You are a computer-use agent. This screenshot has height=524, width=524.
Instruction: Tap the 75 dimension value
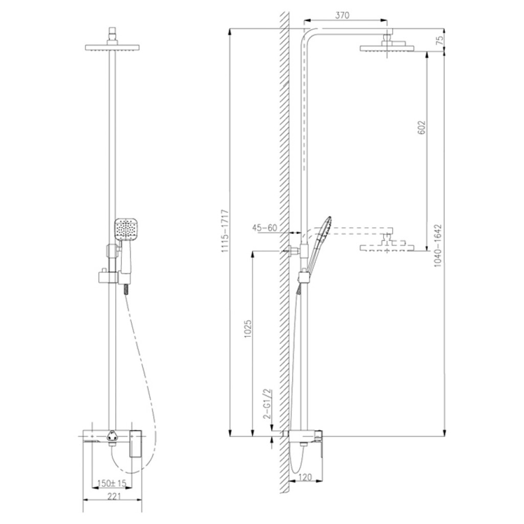tap(440, 40)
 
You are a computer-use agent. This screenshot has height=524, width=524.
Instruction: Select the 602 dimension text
tap(422, 127)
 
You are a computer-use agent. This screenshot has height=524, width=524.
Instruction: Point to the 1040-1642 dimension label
tap(438, 245)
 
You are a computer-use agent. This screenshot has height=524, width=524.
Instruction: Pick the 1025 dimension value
tap(248, 329)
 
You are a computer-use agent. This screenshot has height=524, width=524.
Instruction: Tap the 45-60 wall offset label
tap(265, 228)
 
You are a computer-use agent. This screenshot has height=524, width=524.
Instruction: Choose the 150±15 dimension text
tap(112, 483)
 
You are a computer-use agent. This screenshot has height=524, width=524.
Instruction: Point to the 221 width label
tap(114, 496)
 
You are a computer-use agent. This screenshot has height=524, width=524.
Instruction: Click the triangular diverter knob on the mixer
tap(112, 436)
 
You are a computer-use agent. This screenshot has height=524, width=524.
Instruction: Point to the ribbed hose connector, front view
tap(126, 290)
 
